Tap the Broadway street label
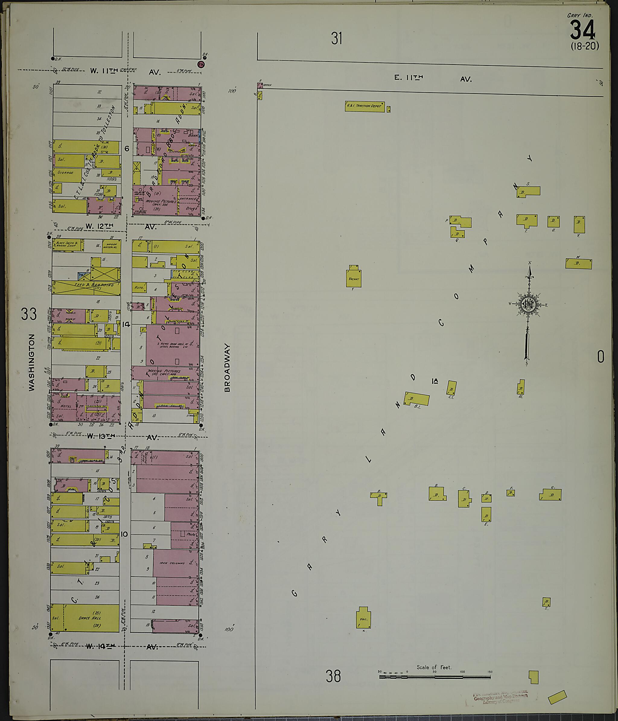pyautogui.click(x=228, y=368)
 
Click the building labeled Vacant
pyautogui.click(x=354, y=279)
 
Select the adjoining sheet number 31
pyautogui.click(x=336, y=38)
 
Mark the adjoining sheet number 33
pyautogui.click(x=29, y=314)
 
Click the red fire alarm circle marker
pyautogui.click(x=201, y=64)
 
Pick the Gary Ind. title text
pyautogui.click(x=580, y=15)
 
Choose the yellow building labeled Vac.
pyautogui.click(x=363, y=617)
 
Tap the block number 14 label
pyautogui.click(x=126, y=324)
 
